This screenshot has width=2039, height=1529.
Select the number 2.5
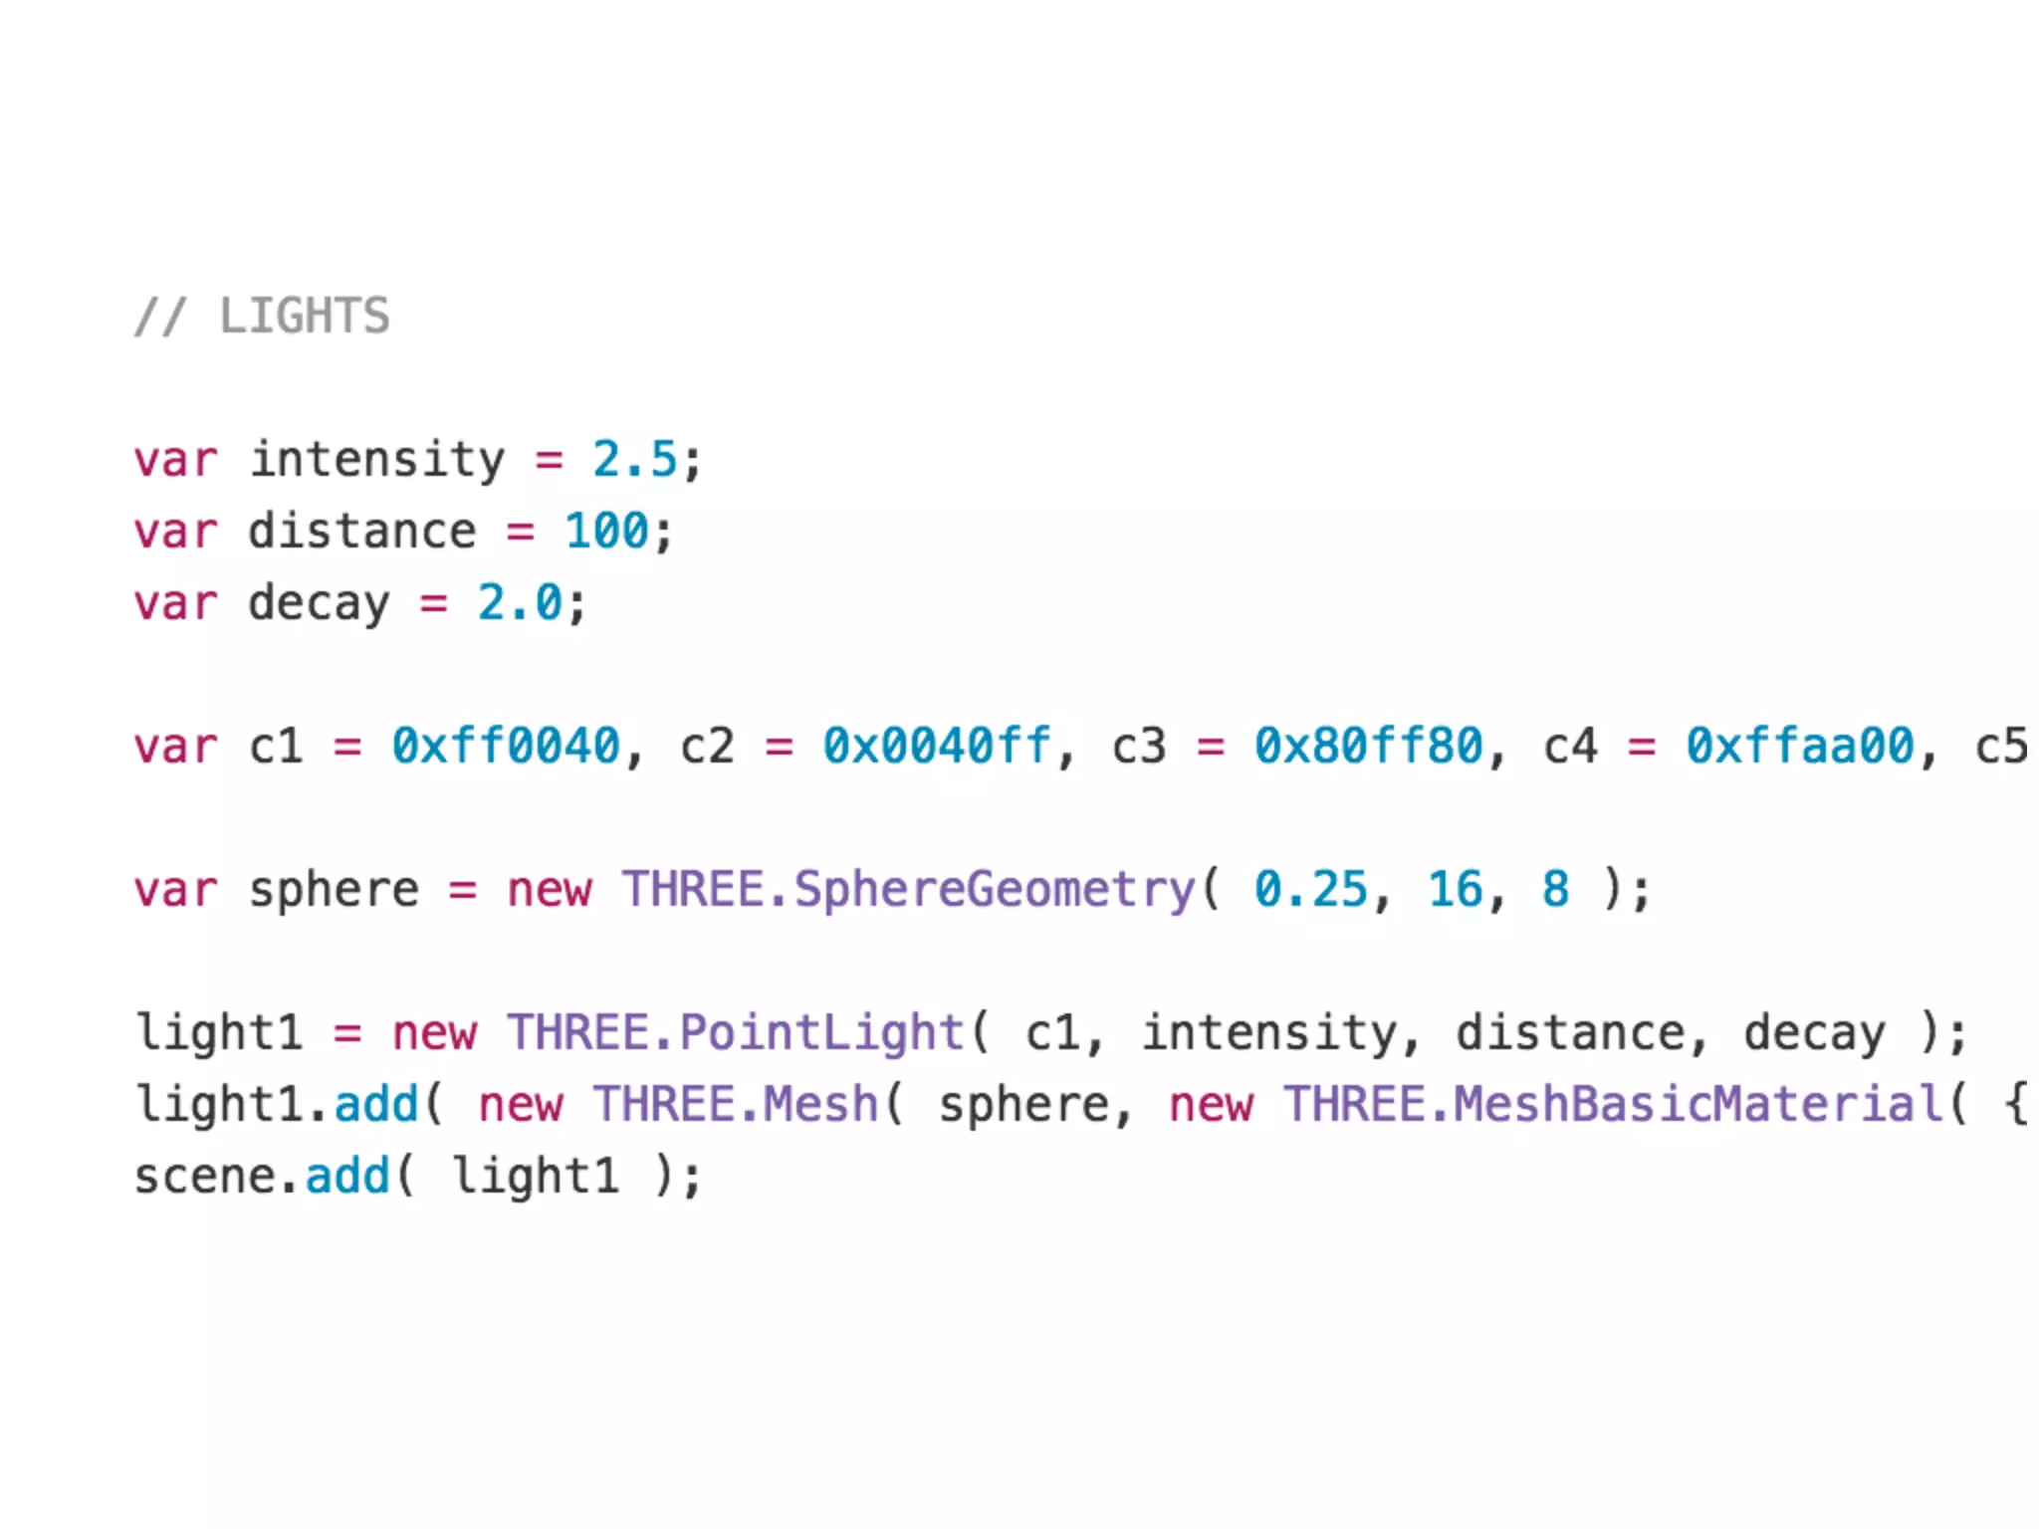[634, 460]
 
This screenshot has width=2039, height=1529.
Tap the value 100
[606, 532]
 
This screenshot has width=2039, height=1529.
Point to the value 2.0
[520, 603]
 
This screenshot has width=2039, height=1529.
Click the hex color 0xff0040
[506, 747]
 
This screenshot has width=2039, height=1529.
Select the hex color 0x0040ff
[937, 747]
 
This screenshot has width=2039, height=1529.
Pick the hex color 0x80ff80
[1368, 747]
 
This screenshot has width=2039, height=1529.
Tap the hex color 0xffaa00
[1799, 747]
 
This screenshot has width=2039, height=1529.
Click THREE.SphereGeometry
[908, 889]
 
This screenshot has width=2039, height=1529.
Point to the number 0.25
[1310, 889]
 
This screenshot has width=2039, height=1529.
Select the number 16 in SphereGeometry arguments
[1455, 889]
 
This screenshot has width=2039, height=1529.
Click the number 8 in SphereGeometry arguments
[1555, 889]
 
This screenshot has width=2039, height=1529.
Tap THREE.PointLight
[736, 1032]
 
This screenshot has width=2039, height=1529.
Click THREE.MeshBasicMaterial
[1613, 1104]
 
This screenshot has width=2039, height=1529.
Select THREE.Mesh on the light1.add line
[736, 1104]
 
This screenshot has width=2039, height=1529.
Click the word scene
[205, 1177]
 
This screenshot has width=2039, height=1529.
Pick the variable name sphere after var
[334, 889]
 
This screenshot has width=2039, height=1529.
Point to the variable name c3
[1138, 747]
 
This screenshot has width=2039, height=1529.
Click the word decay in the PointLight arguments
[1814, 1032]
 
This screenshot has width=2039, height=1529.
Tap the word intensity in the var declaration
[376, 460]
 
